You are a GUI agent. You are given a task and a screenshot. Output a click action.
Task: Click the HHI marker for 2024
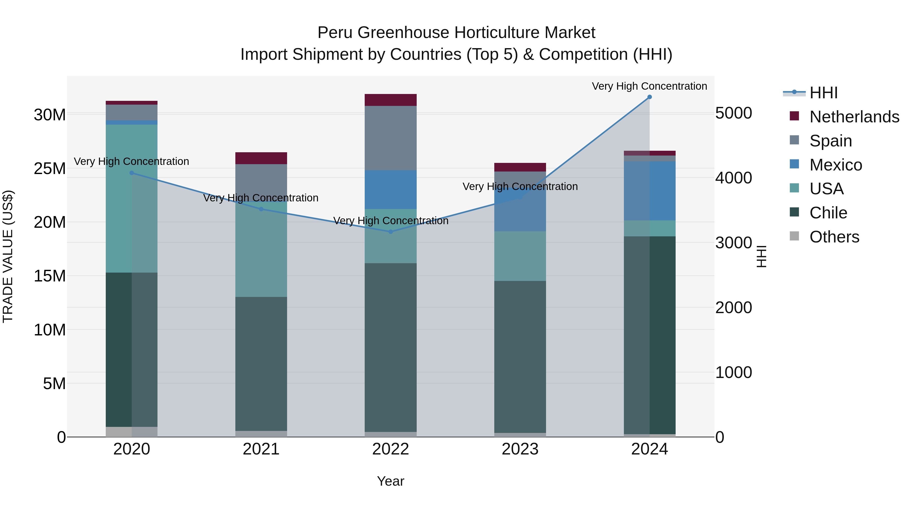click(x=649, y=97)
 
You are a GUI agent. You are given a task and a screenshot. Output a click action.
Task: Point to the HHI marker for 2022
click(x=391, y=232)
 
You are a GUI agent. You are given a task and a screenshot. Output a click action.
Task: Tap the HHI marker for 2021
click(x=261, y=209)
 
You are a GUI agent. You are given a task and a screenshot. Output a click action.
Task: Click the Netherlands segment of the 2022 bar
click(x=391, y=100)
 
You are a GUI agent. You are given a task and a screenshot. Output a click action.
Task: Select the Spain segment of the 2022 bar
click(x=391, y=138)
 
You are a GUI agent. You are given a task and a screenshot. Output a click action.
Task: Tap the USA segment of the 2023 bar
click(x=520, y=256)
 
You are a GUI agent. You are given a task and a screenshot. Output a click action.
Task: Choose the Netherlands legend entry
click(x=854, y=117)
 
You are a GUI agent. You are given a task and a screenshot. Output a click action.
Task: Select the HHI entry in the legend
click(x=823, y=93)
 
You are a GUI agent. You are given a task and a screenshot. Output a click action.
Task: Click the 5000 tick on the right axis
click(x=733, y=113)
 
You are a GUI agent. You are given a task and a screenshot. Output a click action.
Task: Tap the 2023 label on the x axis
click(x=520, y=449)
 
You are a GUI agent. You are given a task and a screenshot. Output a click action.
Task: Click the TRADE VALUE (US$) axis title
click(x=8, y=256)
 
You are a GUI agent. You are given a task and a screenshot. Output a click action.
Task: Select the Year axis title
click(x=391, y=481)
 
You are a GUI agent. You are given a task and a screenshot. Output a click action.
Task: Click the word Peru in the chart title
click(x=335, y=33)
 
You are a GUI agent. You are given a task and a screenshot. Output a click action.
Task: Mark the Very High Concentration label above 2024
click(x=649, y=86)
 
